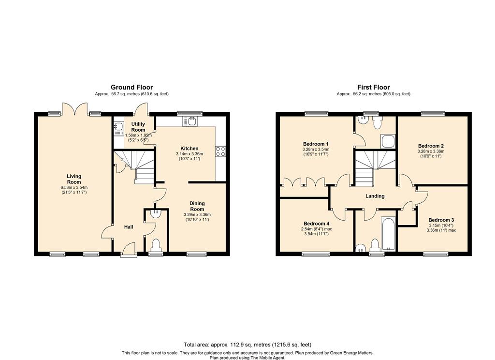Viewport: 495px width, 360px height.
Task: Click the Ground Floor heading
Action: pyautogui.click(x=131, y=87)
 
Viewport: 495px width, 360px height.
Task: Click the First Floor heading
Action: pyautogui.click(x=374, y=87)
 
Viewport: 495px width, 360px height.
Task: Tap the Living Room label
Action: pyautogui.click(x=74, y=179)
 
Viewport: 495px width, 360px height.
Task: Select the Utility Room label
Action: pyautogui.click(x=138, y=127)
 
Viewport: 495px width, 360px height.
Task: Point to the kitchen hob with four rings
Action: pyautogui.click(x=220, y=151)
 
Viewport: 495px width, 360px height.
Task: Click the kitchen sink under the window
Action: pyautogui.click(x=189, y=121)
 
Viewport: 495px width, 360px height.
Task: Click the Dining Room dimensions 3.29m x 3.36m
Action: pyautogui.click(x=197, y=215)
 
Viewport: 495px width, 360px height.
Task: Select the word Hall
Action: pyautogui.click(x=129, y=227)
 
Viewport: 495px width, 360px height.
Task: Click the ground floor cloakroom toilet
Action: pyautogui.click(x=156, y=245)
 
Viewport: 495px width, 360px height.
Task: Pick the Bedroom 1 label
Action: pyautogui.click(x=316, y=144)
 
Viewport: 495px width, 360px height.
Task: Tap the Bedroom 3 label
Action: pyautogui.click(x=441, y=220)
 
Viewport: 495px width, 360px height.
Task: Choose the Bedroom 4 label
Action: pyautogui.click(x=316, y=224)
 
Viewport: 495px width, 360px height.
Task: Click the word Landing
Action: pyautogui.click(x=375, y=196)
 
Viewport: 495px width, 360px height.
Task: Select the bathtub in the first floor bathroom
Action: pyautogui.click(x=388, y=234)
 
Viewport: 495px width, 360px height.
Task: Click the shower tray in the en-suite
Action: pyautogui.click(x=388, y=141)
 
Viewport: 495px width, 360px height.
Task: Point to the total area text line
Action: pyautogui.click(x=247, y=345)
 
